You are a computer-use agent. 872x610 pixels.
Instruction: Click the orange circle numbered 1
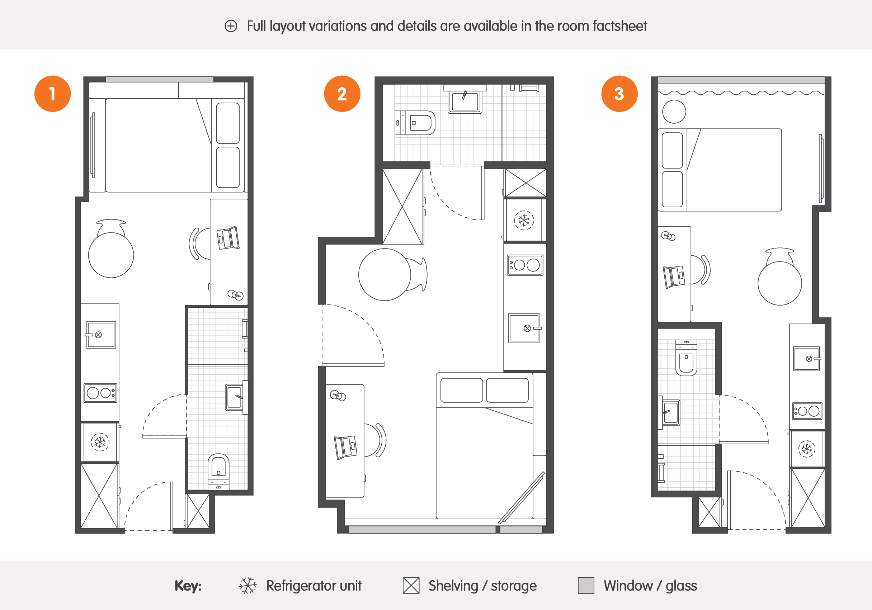point(52,94)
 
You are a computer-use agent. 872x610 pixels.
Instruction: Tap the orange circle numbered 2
point(342,94)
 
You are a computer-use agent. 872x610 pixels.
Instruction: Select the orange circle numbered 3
point(619,94)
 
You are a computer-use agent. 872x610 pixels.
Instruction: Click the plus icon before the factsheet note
point(231,26)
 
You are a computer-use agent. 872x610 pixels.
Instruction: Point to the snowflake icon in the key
point(248,585)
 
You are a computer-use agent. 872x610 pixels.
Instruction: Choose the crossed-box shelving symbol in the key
point(411,585)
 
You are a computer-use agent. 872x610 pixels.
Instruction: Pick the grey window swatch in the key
point(586,585)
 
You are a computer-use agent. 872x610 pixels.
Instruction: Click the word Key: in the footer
point(188,586)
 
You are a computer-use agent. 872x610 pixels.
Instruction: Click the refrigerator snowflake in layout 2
point(524,220)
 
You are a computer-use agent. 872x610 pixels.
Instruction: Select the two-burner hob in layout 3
point(807,411)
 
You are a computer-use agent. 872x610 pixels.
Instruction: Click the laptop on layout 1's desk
point(228,238)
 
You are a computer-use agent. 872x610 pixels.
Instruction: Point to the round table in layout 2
point(385,274)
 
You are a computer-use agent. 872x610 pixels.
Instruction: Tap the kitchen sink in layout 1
point(101,335)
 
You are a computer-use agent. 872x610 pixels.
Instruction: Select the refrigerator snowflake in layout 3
point(807,449)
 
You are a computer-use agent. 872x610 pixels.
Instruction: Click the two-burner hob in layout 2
point(525,265)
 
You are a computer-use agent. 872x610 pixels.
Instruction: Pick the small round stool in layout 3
point(674,112)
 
